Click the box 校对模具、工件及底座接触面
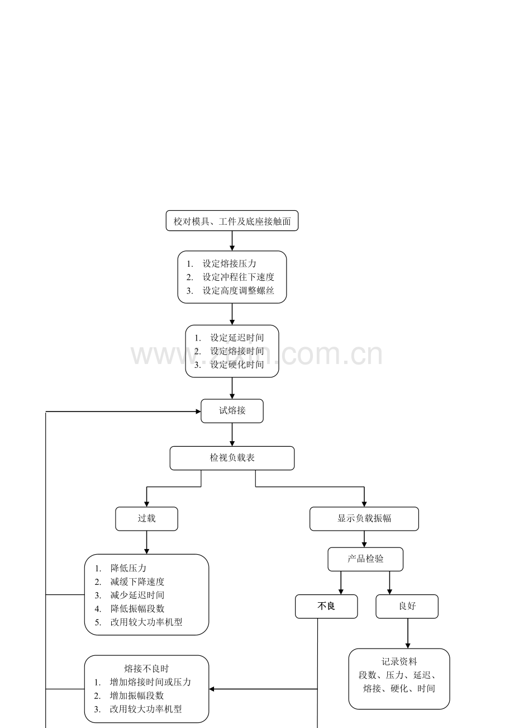(232, 221)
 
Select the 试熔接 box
(232, 411)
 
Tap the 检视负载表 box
(232, 458)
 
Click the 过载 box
(146, 519)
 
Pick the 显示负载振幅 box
(364, 519)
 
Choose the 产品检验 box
(365, 559)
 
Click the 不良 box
(326, 606)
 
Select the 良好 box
(407, 606)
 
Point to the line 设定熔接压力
(229, 263)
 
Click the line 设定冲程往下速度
(239, 277)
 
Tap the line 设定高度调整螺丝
(239, 291)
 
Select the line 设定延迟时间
(237, 338)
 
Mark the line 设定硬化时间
(237, 365)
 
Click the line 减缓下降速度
(137, 582)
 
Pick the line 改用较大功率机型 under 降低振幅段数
(146, 622)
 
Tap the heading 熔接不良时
(146, 669)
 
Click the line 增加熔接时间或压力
(150, 682)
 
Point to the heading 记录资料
(399, 661)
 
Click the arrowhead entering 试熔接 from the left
(198, 412)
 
